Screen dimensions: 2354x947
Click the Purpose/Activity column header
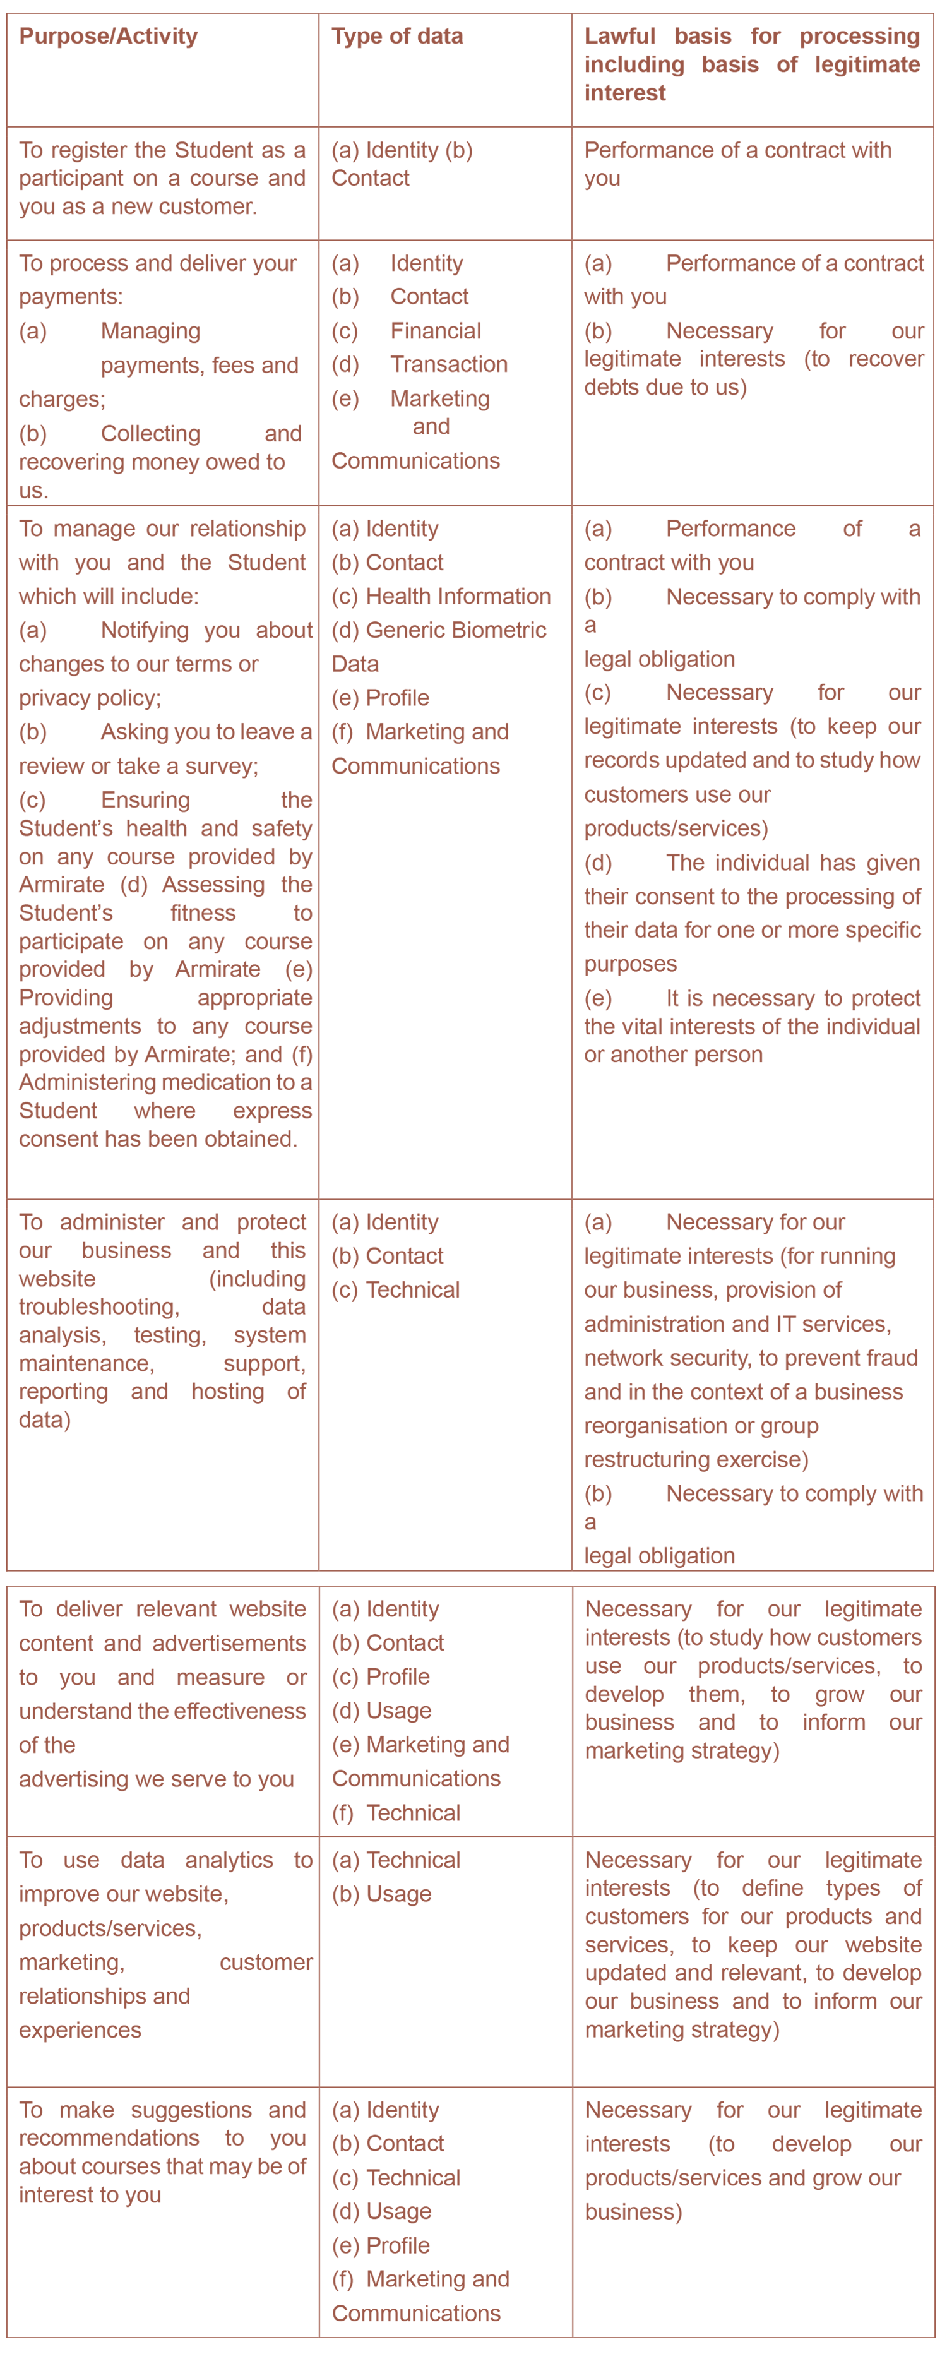point(108,37)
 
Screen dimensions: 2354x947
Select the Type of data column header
point(396,37)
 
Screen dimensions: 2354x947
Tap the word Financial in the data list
point(435,331)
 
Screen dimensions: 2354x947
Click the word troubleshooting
point(98,1308)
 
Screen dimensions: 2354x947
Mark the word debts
point(612,388)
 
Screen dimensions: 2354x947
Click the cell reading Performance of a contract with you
point(737,164)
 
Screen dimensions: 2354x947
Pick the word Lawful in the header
point(620,37)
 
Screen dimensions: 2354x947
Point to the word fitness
point(203,914)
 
